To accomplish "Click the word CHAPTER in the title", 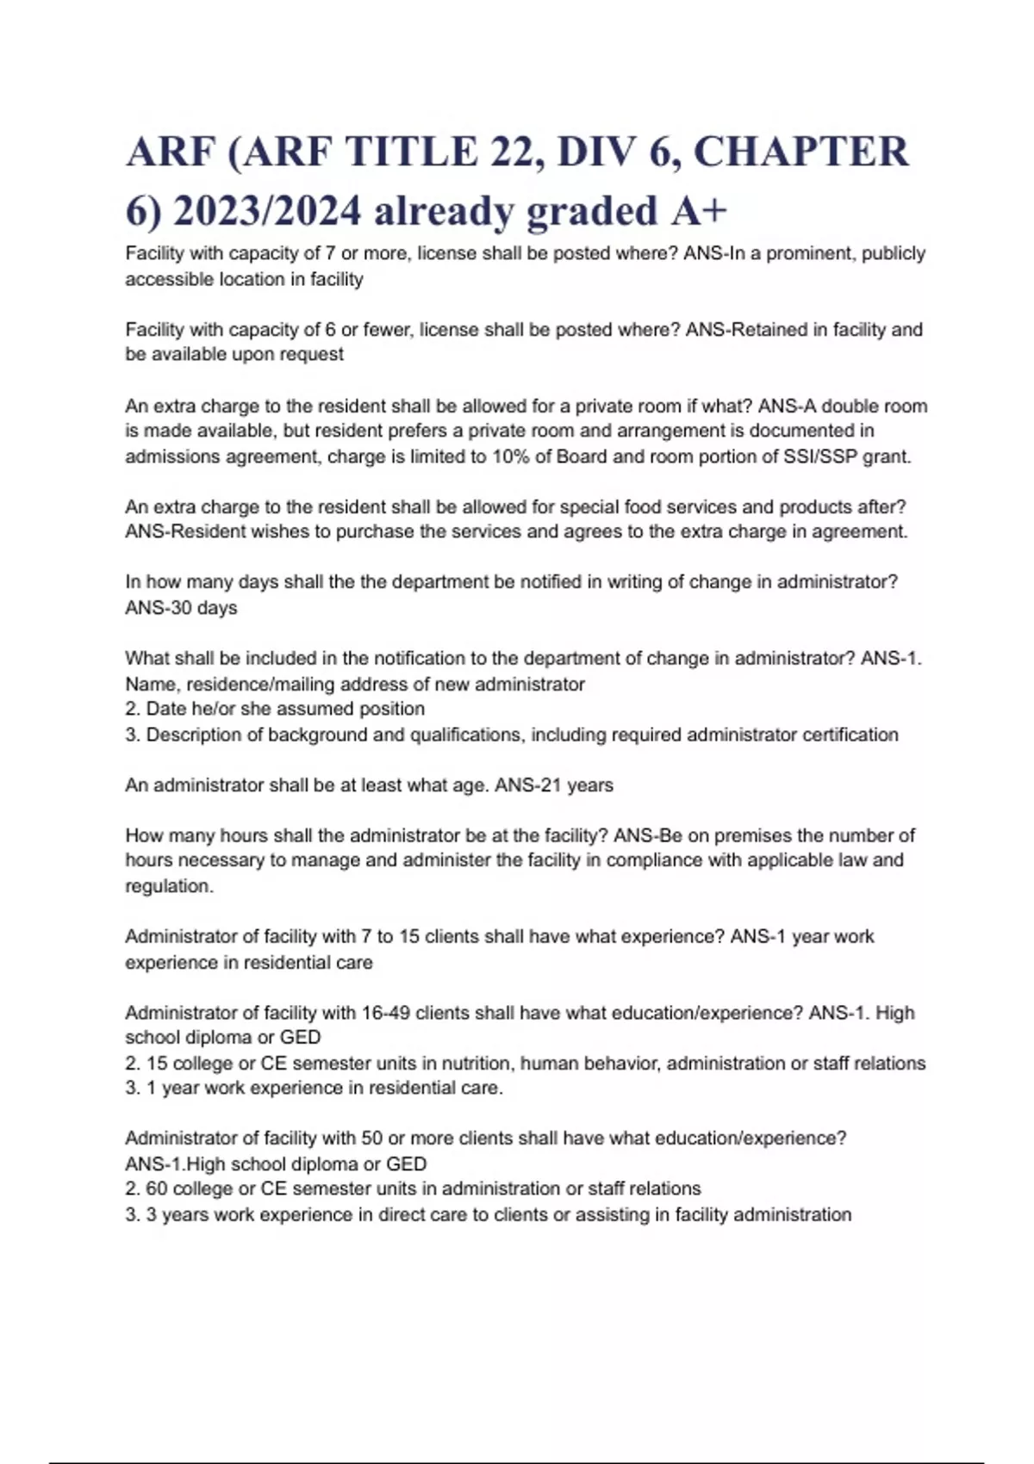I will tap(800, 152).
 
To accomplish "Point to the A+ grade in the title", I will tap(698, 211).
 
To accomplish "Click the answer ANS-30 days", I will tap(181, 608).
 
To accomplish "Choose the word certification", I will tap(850, 735).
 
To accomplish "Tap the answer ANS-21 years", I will tap(554, 785).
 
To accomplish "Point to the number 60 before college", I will tap(157, 1188).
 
